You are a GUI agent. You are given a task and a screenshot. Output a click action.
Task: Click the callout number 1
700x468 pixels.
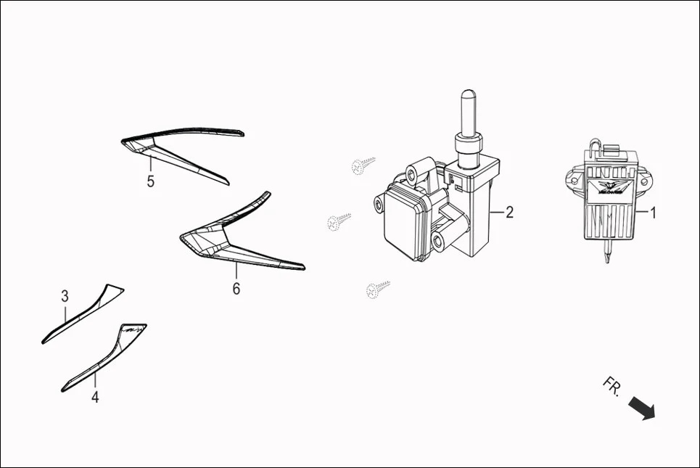coord(653,213)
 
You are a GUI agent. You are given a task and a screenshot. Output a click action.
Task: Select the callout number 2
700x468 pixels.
coord(509,212)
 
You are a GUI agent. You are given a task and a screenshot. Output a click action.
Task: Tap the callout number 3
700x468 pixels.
coord(65,296)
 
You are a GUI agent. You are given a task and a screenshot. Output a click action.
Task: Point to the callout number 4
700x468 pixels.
coord(95,397)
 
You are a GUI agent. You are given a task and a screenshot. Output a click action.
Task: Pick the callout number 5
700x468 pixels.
coord(151,181)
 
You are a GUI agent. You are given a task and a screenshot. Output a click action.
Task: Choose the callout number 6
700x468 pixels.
coord(236,288)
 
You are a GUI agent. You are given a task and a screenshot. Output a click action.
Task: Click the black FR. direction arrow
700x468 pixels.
coord(641,408)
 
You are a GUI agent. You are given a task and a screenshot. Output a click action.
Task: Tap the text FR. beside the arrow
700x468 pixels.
coord(612,386)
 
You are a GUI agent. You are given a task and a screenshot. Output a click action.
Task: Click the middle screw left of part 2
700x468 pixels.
coord(339,221)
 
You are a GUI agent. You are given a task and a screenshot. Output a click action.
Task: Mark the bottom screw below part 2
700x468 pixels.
coord(379,289)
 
